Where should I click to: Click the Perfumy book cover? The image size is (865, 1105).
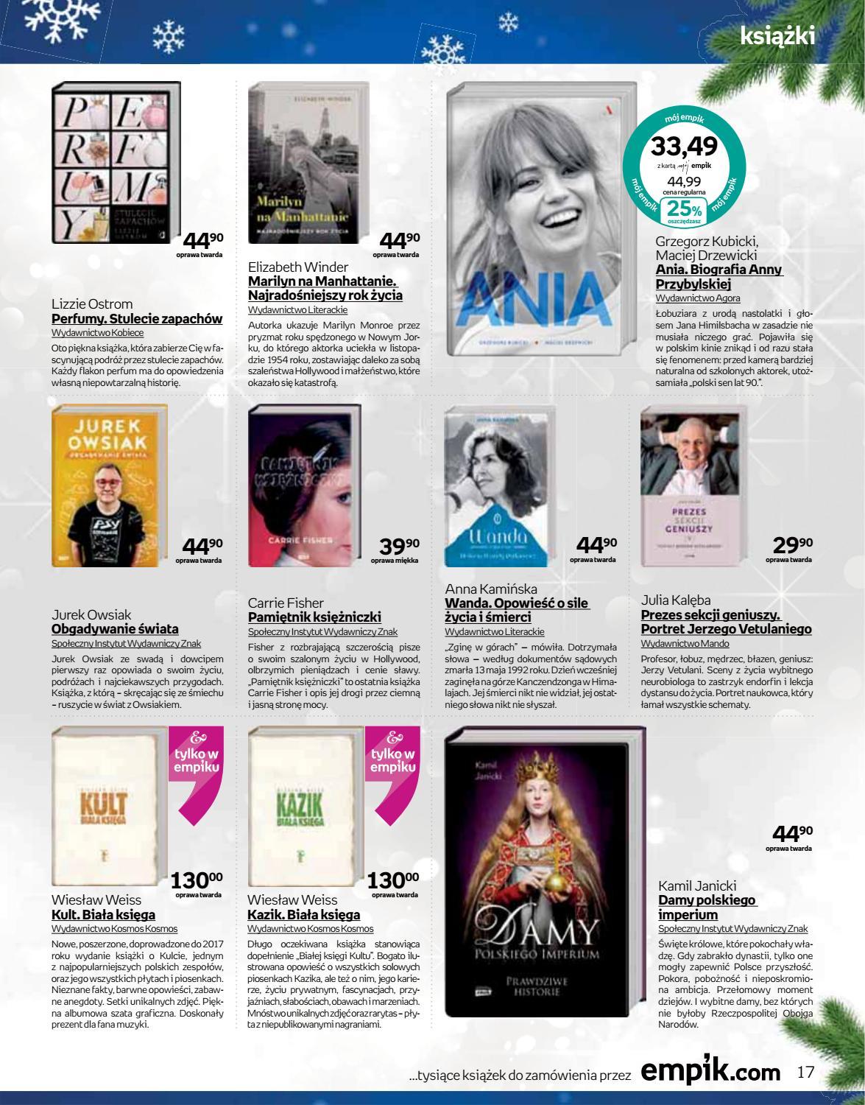tap(116, 163)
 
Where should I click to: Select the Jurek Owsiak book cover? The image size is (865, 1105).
tap(110, 485)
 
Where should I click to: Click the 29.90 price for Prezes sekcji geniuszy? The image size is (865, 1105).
tap(792, 546)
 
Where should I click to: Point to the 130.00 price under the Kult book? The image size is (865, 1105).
tap(197, 880)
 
